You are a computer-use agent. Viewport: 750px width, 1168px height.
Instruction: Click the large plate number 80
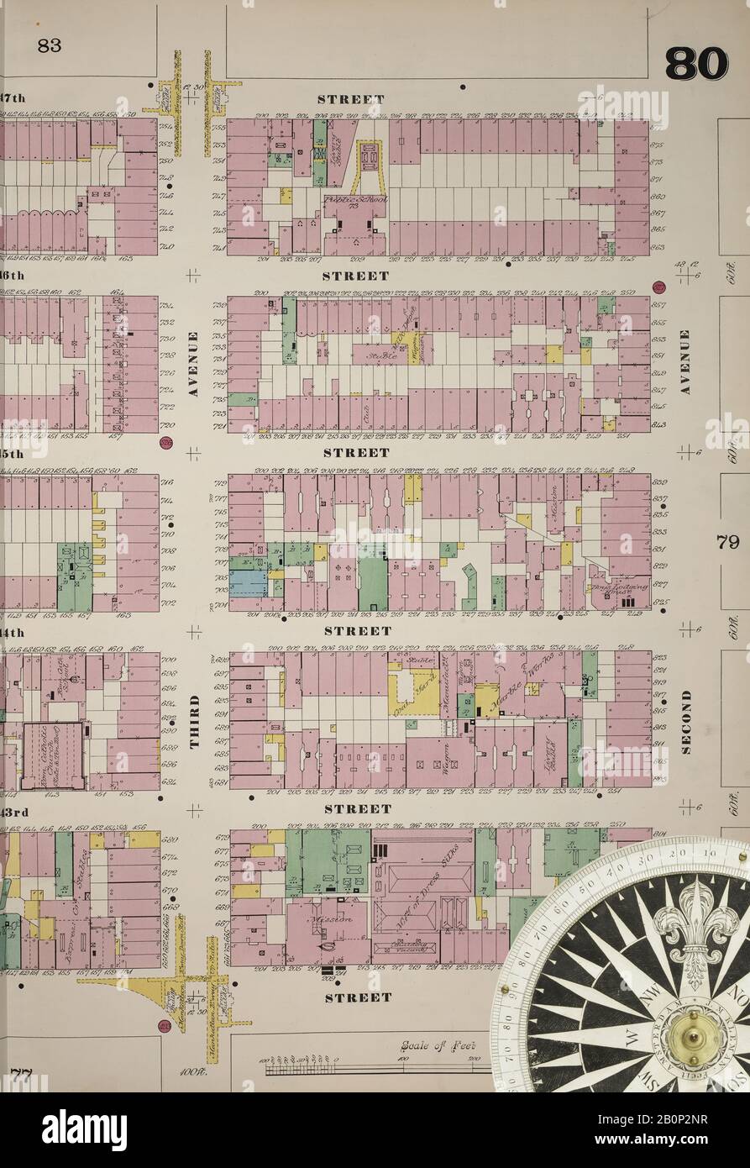pyautogui.click(x=696, y=64)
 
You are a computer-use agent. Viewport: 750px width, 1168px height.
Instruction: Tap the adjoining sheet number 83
pyautogui.click(x=49, y=46)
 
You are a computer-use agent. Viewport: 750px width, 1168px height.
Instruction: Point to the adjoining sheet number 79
pyautogui.click(x=727, y=542)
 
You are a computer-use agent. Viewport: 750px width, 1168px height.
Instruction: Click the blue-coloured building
pyautogui.click(x=248, y=583)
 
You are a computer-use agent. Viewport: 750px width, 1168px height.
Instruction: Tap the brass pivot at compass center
pyautogui.click(x=694, y=1039)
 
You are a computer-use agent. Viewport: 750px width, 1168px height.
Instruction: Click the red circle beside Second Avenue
pyautogui.click(x=658, y=287)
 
